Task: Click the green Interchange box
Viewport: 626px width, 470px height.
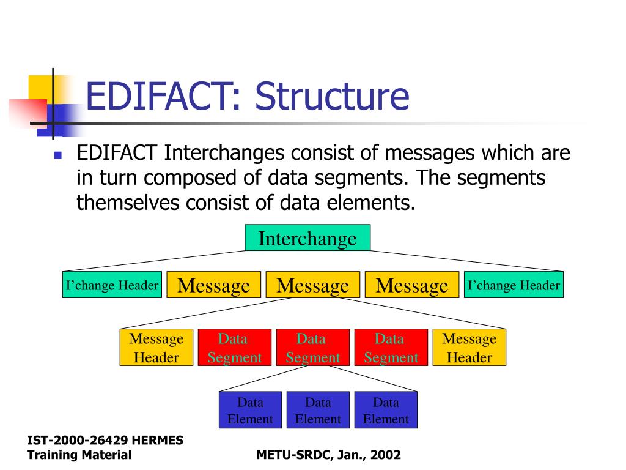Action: coord(307,238)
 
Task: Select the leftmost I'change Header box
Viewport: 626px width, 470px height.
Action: coord(112,285)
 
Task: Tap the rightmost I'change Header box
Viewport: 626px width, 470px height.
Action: coord(514,285)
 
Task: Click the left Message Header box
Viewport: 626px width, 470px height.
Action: coord(156,348)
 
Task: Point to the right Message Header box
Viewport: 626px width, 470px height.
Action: coord(469,348)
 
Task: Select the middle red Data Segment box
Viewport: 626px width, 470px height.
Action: coord(312,348)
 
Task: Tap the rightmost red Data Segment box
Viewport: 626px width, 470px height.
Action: coord(391,348)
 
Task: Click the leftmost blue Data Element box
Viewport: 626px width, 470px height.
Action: coord(250,410)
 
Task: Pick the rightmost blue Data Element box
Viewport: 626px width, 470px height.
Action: coord(386,410)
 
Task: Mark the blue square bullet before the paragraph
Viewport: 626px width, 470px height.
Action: coord(58,155)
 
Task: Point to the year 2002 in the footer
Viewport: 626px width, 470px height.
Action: coord(385,455)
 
